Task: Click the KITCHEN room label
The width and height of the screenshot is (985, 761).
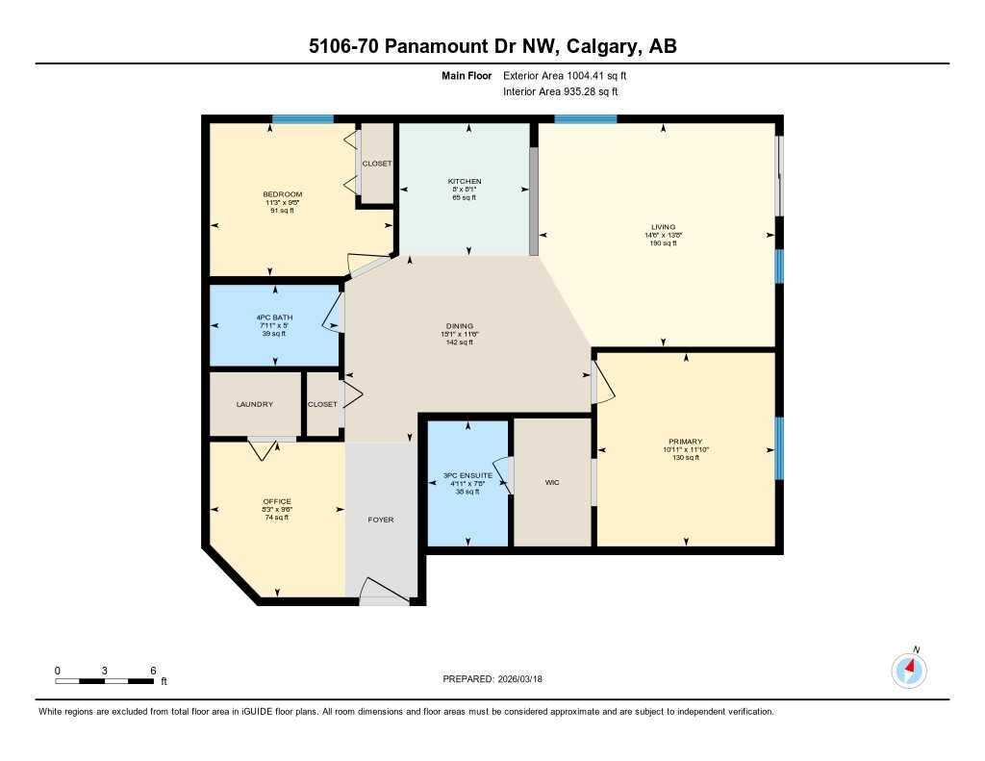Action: click(465, 181)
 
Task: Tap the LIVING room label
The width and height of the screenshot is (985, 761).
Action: click(663, 227)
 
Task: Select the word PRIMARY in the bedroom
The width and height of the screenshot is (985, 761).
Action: click(686, 442)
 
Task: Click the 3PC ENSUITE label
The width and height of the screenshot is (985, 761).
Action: click(467, 475)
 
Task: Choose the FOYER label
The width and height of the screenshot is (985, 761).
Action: click(381, 520)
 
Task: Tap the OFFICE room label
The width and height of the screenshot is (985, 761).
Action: click(277, 501)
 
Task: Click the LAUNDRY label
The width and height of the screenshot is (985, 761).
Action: click(255, 404)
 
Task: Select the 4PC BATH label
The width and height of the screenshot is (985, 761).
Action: click(274, 317)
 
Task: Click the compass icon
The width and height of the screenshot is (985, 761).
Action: click(909, 670)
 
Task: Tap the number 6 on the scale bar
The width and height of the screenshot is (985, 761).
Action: click(153, 670)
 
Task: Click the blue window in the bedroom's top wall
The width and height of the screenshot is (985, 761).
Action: click(302, 119)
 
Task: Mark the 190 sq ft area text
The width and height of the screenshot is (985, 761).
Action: click(663, 243)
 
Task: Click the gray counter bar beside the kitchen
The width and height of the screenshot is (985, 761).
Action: click(534, 201)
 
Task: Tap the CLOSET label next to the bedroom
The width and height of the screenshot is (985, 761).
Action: click(377, 164)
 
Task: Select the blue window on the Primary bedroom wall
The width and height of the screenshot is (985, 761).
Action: click(779, 447)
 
